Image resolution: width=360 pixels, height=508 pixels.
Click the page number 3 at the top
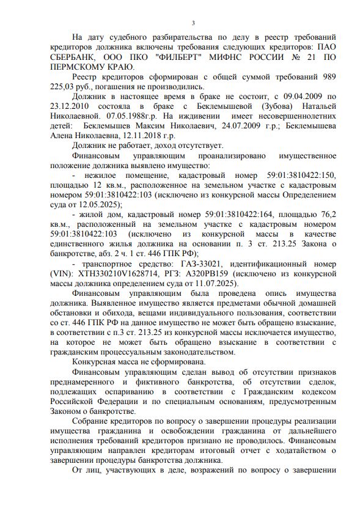tap(193, 23)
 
